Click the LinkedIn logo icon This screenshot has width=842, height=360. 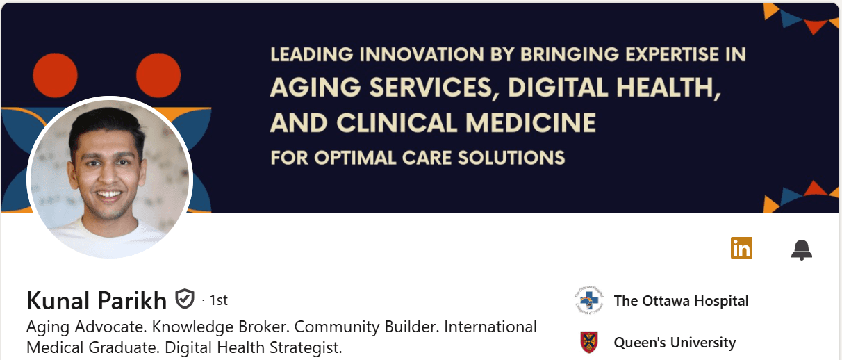pyautogui.click(x=741, y=248)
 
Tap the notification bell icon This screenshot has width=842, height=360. pyautogui.click(x=802, y=249)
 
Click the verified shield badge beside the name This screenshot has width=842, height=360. pyautogui.click(x=185, y=299)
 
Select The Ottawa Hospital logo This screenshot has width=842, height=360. pyautogui.click(x=589, y=300)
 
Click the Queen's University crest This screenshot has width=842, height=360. pyautogui.click(x=589, y=343)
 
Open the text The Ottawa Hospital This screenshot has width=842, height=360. pyautogui.click(x=681, y=301)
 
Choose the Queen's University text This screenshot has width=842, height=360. pyautogui.click(x=675, y=343)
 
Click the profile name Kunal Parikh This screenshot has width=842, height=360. pyautogui.click(x=97, y=300)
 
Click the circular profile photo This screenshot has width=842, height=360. pyautogui.click(x=110, y=177)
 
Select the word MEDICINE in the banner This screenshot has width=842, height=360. pyautogui.click(x=531, y=123)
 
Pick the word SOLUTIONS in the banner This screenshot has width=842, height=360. pyautogui.click(x=511, y=158)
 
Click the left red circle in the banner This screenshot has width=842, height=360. pyautogui.click(x=56, y=75)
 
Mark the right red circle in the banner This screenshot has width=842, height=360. pyautogui.click(x=158, y=75)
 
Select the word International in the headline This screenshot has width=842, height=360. pyautogui.click(x=490, y=327)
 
